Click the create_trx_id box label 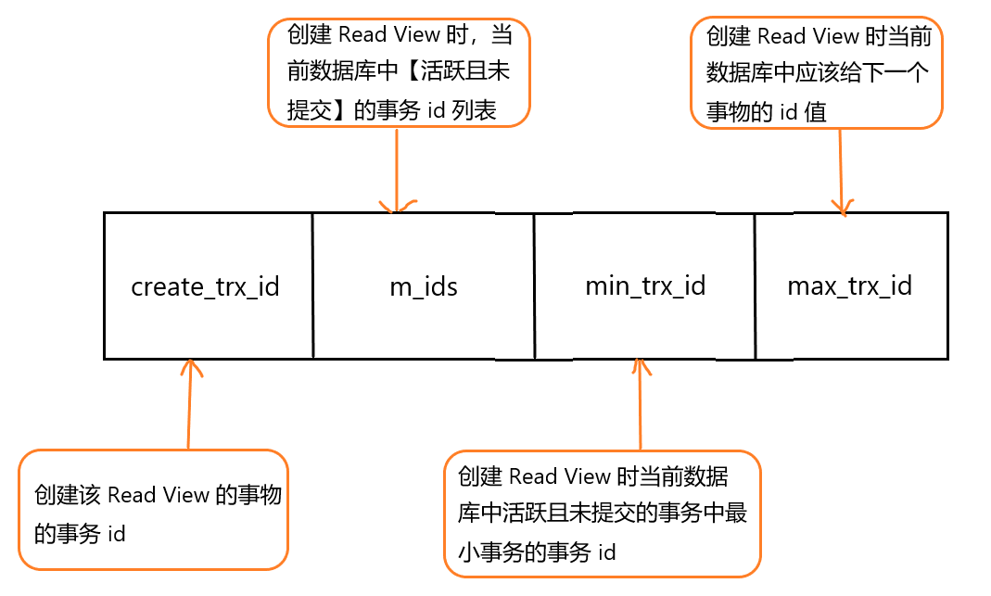205,286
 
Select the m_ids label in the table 423,286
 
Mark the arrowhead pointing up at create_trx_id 191,368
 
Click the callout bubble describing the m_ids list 399,72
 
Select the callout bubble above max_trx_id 817,73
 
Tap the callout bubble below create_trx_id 153,509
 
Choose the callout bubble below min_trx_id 602,514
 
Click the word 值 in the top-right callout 816,112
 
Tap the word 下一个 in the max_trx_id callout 895,74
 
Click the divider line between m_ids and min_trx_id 534,286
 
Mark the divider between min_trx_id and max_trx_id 755,286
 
